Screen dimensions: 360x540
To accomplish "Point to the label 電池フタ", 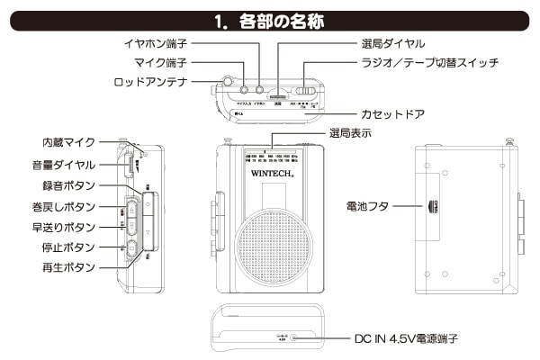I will coord(370,206).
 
